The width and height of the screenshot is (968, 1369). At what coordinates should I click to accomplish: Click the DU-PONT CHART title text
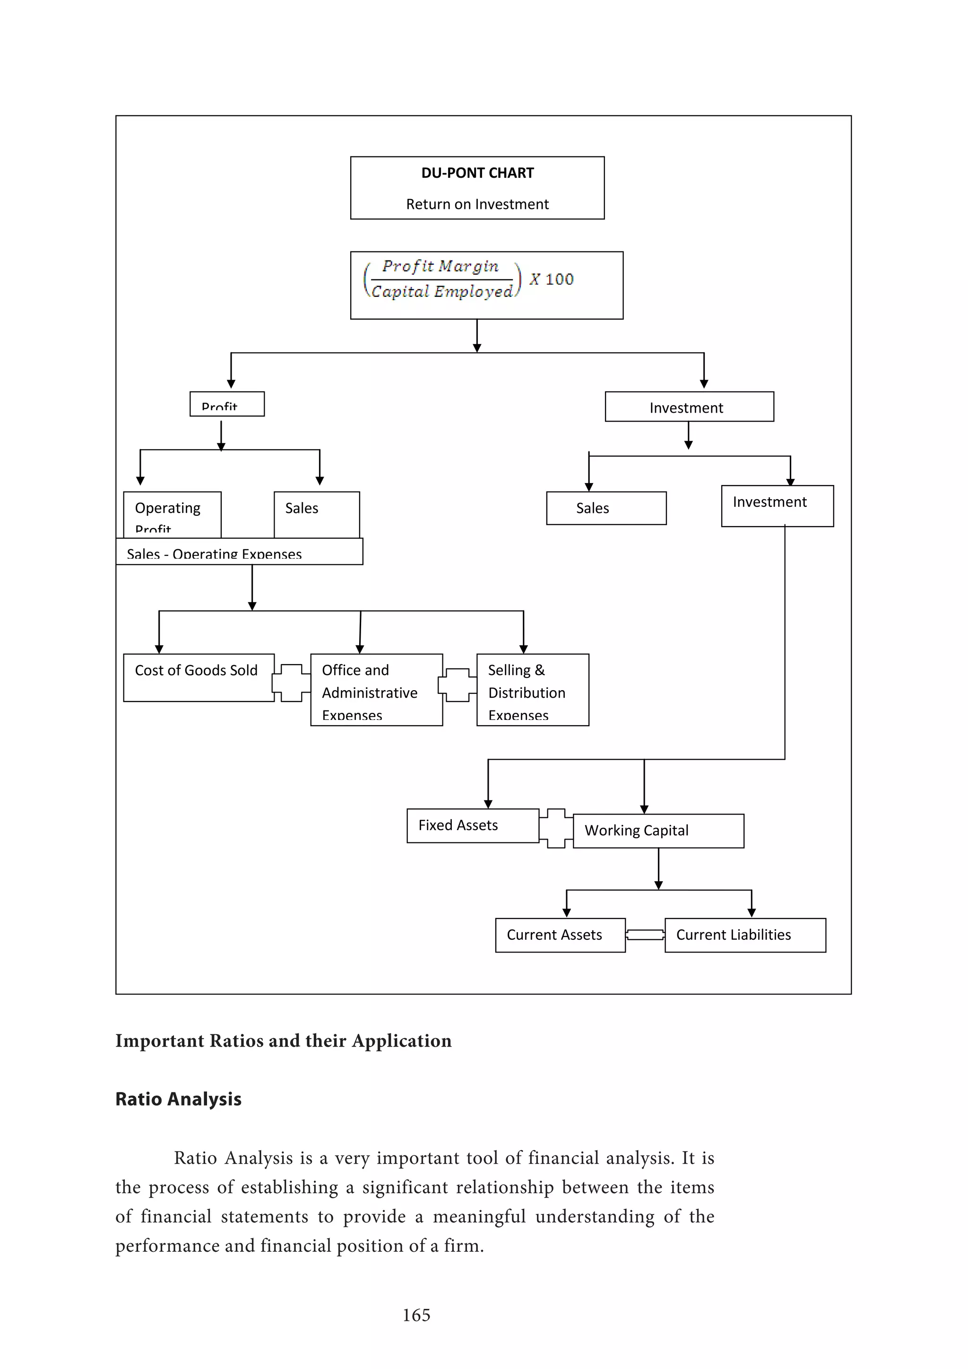(x=477, y=173)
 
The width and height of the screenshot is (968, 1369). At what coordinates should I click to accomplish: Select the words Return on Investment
(x=477, y=205)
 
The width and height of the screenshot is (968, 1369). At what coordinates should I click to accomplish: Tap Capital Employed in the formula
(x=441, y=292)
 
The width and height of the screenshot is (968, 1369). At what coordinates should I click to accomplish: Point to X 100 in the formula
(x=552, y=279)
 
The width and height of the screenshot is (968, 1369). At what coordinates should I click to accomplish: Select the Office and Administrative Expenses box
(x=376, y=690)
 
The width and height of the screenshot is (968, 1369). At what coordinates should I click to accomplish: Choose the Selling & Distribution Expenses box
(x=532, y=690)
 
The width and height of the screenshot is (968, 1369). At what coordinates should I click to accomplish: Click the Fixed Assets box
(x=472, y=825)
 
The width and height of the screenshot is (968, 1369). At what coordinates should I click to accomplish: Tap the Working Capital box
(x=658, y=831)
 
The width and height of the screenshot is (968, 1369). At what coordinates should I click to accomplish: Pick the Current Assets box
(x=560, y=935)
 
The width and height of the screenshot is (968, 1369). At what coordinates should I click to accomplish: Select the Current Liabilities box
(x=744, y=935)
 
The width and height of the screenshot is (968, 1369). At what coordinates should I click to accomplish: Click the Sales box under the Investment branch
(x=605, y=508)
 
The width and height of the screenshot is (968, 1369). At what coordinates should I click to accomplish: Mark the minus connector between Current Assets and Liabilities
(x=645, y=935)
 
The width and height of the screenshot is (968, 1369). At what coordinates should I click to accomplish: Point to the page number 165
(x=416, y=1315)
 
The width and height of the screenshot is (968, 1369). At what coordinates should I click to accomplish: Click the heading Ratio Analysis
(x=178, y=1099)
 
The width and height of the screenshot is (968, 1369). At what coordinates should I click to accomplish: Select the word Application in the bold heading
(x=401, y=1040)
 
